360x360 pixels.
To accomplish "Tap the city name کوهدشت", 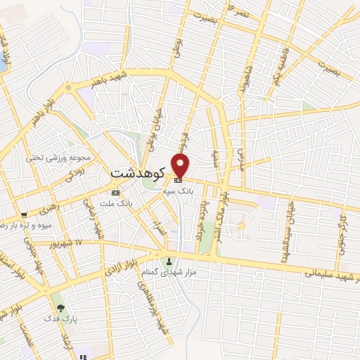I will [x=138, y=172].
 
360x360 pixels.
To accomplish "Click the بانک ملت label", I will [x=117, y=203].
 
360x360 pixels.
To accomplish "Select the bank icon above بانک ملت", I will [x=116, y=193].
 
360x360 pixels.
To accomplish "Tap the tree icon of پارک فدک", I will [x=61, y=307].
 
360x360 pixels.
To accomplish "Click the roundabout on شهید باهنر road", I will [x=69, y=88].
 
